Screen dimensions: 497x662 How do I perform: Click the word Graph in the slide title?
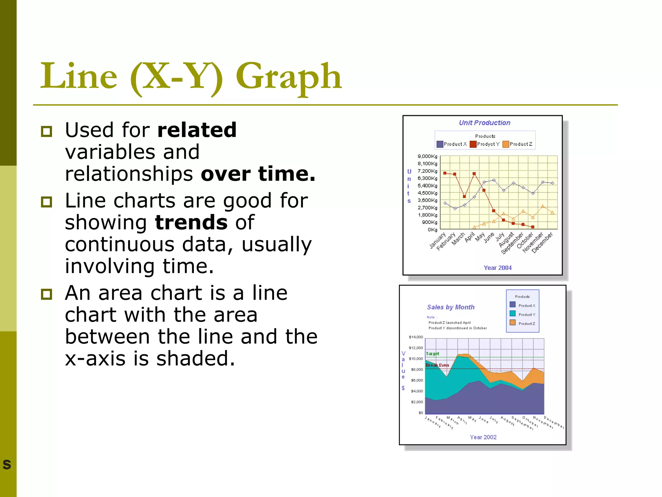(x=288, y=77)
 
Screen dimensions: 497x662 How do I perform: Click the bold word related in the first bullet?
(x=197, y=130)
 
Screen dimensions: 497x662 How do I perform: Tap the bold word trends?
(x=191, y=223)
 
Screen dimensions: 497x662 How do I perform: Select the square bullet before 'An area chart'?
(x=47, y=294)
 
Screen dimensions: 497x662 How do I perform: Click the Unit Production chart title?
(x=485, y=123)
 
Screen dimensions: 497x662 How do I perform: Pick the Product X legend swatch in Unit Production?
(x=440, y=144)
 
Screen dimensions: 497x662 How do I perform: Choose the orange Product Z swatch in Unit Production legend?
(x=506, y=144)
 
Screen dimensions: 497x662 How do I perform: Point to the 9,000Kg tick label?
(x=427, y=156)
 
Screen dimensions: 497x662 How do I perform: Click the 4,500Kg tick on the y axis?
(x=427, y=193)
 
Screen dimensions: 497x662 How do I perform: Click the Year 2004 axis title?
(x=497, y=268)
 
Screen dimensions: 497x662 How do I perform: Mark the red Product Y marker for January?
(x=445, y=173)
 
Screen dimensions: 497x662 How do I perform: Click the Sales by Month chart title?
(x=451, y=307)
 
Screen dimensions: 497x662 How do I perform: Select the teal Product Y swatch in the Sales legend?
(x=512, y=314)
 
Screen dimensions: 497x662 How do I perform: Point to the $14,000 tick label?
(x=416, y=337)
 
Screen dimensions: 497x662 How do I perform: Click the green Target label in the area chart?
(x=432, y=354)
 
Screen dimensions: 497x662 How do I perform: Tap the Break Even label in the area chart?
(x=437, y=365)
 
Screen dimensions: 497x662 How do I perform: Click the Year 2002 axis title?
(x=483, y=437)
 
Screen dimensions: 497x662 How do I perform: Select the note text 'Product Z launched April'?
(x=449, y=323)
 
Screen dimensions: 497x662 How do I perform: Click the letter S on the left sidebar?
(x=7, y=465)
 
